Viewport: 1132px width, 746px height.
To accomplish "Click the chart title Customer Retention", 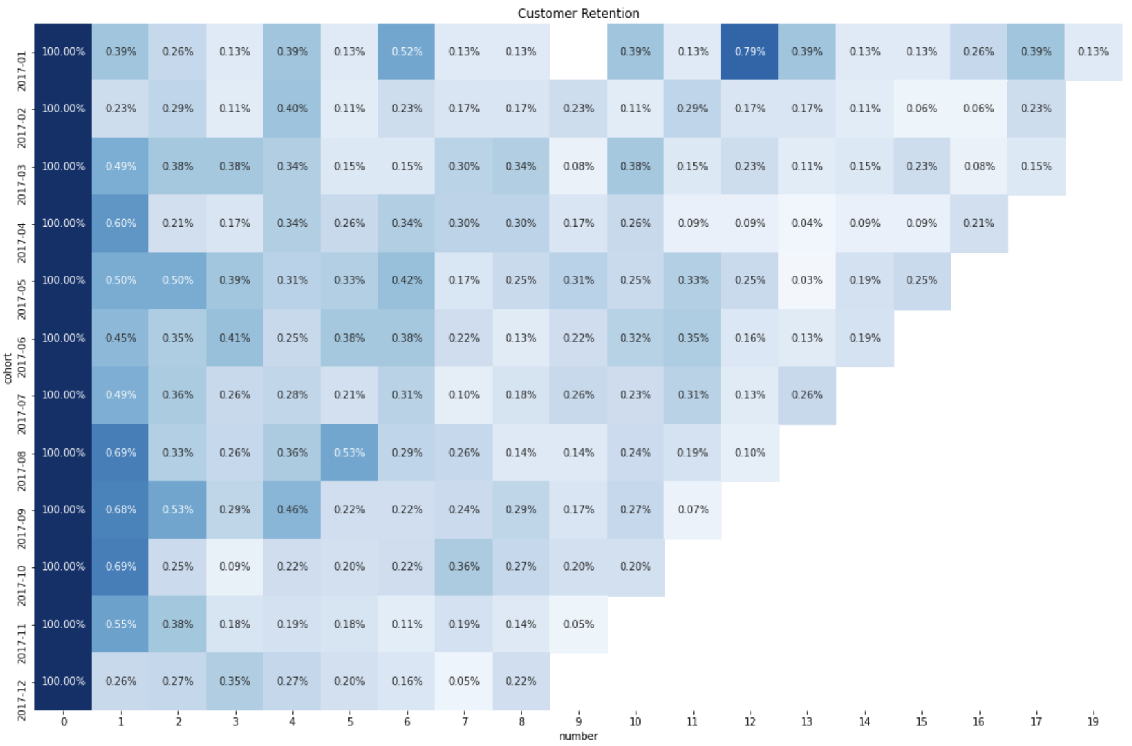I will [578, 13].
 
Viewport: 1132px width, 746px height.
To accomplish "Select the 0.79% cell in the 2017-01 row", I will [749, 52].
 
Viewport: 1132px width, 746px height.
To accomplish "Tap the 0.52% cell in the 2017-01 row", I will [407, 52].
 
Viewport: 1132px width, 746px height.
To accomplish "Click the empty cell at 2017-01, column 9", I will [578, 52].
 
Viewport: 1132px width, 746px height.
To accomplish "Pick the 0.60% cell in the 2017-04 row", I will [121, 224].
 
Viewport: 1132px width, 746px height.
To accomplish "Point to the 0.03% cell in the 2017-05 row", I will [806, 281].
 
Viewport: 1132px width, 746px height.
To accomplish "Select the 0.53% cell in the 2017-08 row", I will [350, 452].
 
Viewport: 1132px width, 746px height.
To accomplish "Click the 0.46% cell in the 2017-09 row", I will [292, 509].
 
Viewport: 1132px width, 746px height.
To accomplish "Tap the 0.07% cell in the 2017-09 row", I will [693, 509].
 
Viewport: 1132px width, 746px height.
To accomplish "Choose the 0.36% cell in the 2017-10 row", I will [464, 567].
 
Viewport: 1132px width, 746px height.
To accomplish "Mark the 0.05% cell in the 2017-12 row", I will [464, 681].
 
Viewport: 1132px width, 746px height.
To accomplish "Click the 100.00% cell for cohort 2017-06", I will [63, 338].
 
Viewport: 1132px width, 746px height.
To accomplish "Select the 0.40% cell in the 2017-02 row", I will [292, 109].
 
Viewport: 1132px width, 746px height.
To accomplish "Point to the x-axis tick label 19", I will [1093, 721].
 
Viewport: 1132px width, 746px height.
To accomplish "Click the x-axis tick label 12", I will [749, 721].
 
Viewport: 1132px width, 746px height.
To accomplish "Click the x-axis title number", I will [578, 736].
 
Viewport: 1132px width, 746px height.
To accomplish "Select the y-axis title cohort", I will [8, 368].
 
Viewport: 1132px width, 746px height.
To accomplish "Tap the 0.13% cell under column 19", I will [1093, 52].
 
